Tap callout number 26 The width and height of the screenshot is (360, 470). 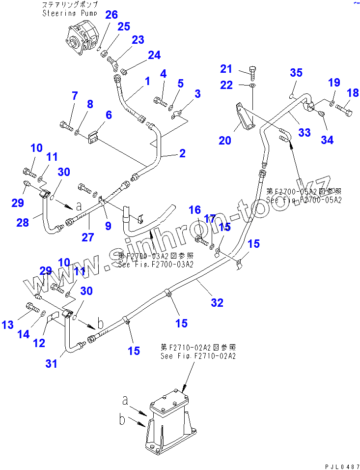pos(111,15)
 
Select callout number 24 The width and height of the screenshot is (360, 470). pos(154,55)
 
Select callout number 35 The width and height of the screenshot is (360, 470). pos(296,73)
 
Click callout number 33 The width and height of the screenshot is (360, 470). pos(305,132)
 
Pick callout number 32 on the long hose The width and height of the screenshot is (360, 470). pos(217,303)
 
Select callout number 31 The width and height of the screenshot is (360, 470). pos(52,363)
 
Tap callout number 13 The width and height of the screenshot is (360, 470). pos(7,324)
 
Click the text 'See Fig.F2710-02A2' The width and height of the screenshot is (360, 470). pos(198,355)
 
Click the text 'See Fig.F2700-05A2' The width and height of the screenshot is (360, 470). pos(304,200)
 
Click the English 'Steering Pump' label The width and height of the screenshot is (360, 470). pos(66,13)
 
